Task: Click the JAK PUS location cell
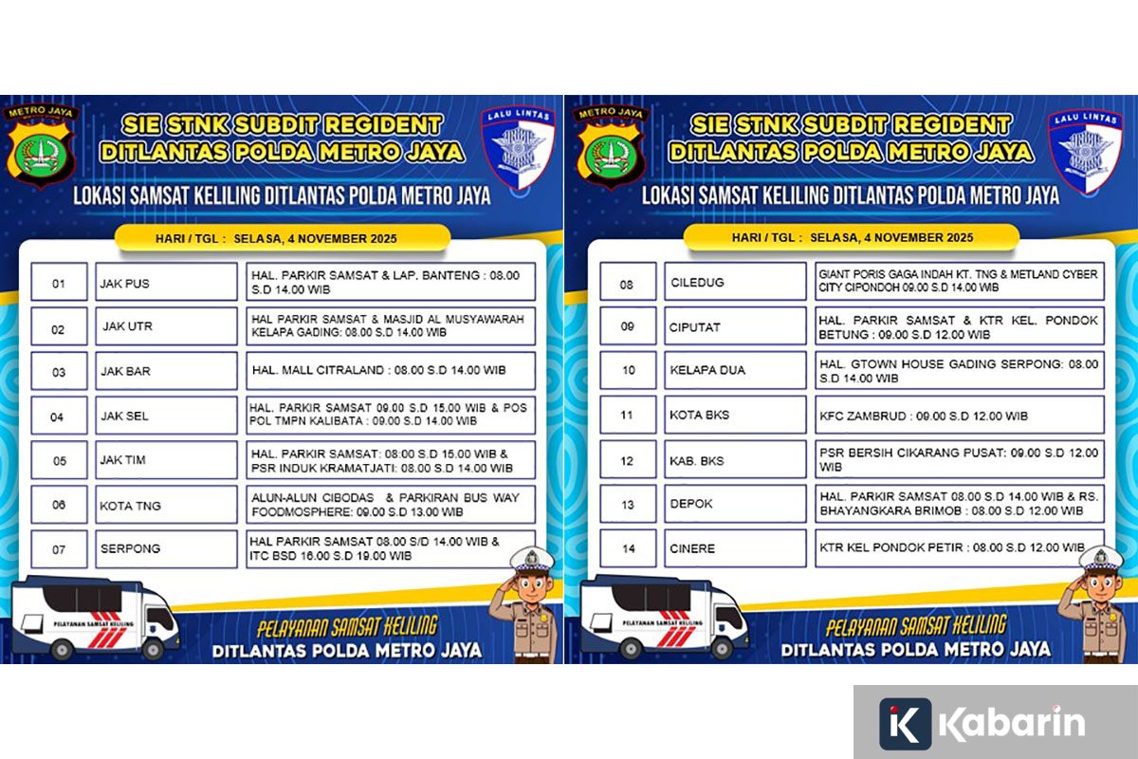[166, 283]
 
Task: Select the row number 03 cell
[59, 371]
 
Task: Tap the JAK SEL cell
[166, 416]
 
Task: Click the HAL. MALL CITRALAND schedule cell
[390, 371]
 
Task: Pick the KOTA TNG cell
[166, 506]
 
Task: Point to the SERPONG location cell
[166, 548]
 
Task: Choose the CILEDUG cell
[735, 283]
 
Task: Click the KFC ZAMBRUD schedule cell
[959, 416]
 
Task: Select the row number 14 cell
[628, 548]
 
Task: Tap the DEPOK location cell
[735, 505]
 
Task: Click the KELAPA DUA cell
[735, 370]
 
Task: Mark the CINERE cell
[735, 548]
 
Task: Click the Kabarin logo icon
[905, 724]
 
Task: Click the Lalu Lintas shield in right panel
[1084, 148]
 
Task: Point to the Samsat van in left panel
[95, 617]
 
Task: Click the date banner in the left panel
[282, 238]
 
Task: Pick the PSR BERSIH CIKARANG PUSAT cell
[959, 460]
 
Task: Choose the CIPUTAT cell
[735, 326]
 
